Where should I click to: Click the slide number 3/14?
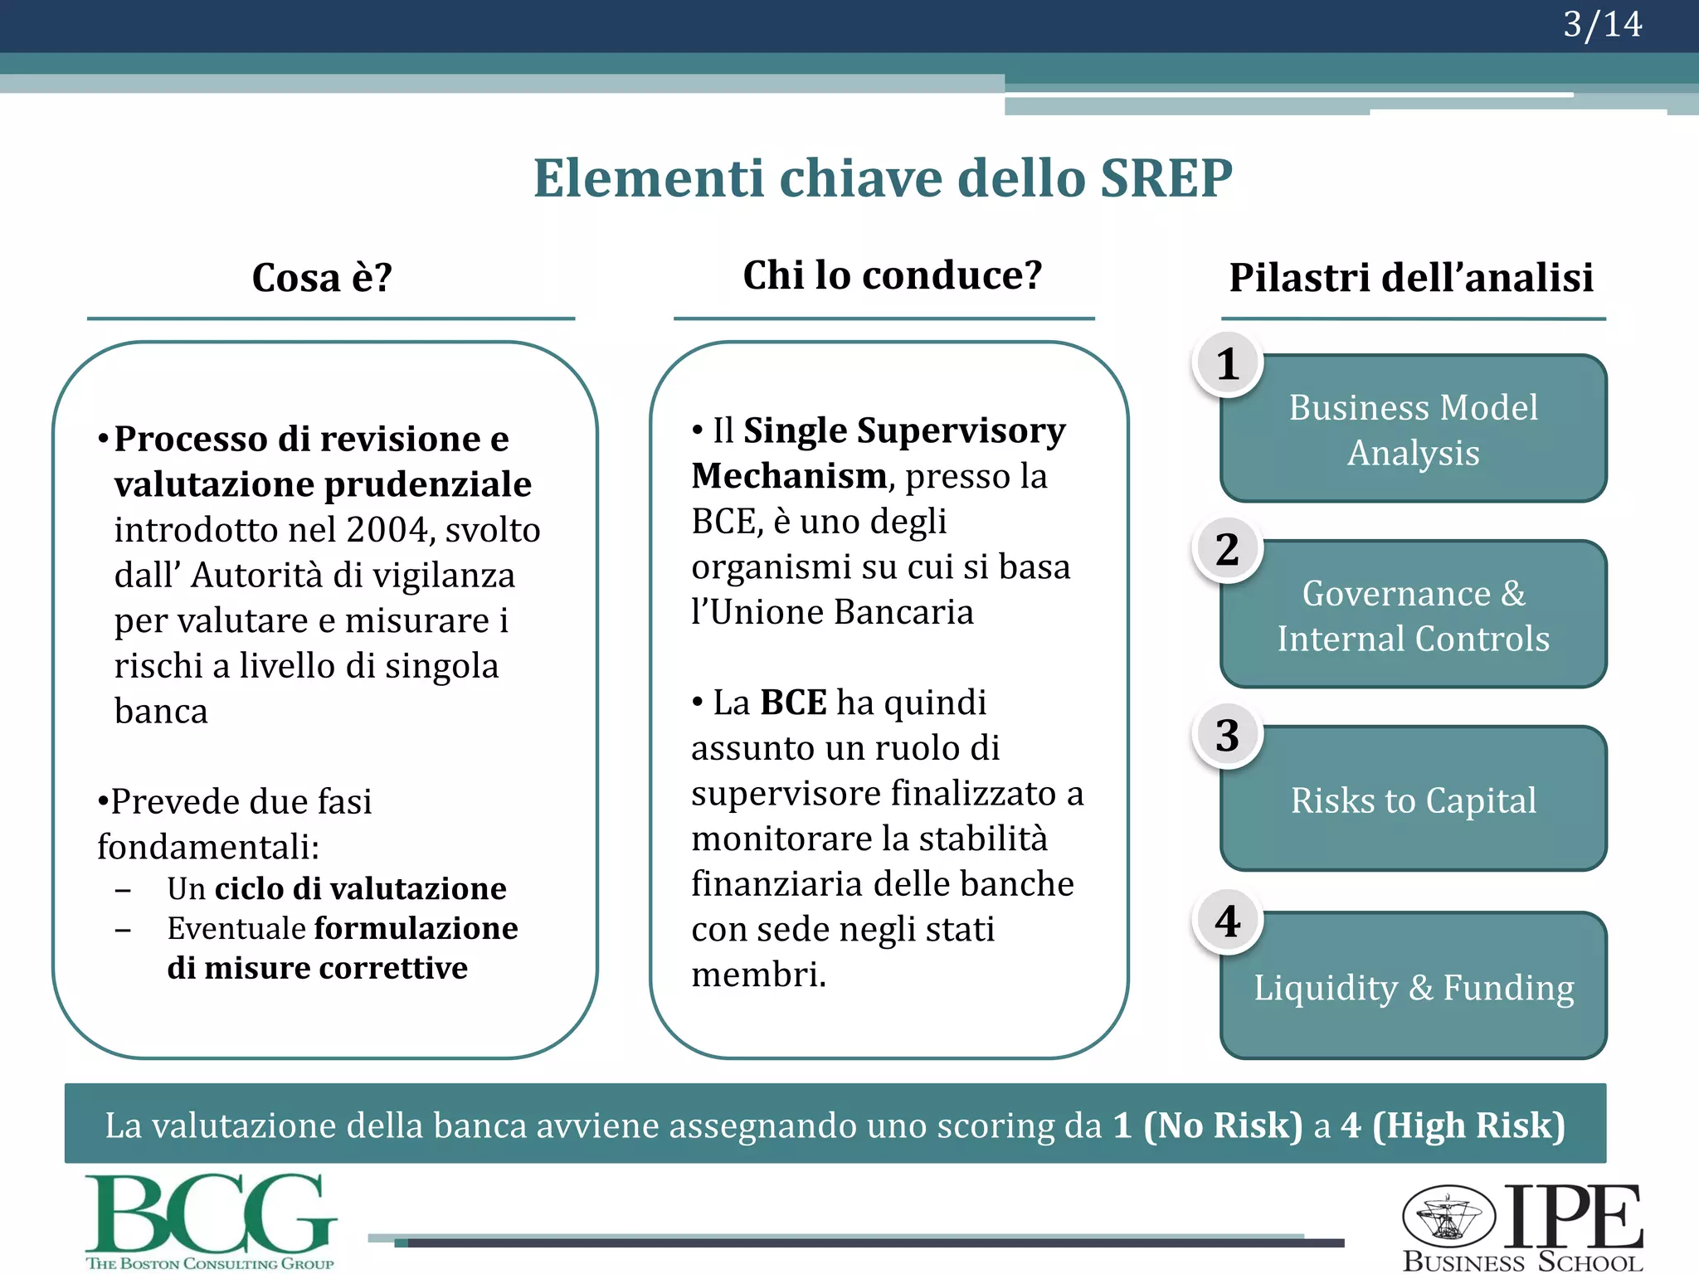click(1601, 25)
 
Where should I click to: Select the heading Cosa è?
click(322, 278)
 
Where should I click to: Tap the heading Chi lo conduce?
click(892, 275)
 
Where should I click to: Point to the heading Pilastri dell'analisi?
click(1410, 278)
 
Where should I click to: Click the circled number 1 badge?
click(1228, 364)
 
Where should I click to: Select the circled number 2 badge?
click(1228, 550)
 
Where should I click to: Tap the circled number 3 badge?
click(1228, 736)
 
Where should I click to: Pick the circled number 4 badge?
click(1228, 921)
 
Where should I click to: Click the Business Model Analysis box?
click(1414, 430)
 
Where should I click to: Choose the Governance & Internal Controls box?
click(1414, 615)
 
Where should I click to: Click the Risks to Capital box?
click(1414, 800)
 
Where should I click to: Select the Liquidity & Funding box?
click(1414, 987)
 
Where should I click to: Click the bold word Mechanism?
click(789, 476)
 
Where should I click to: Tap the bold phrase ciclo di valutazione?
click(360, 888)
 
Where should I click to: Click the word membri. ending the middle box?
click(758, 975)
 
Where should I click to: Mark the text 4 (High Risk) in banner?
click(1453, 1125)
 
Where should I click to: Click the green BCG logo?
click(211, 1219)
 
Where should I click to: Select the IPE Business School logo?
click(1523, 1226)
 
